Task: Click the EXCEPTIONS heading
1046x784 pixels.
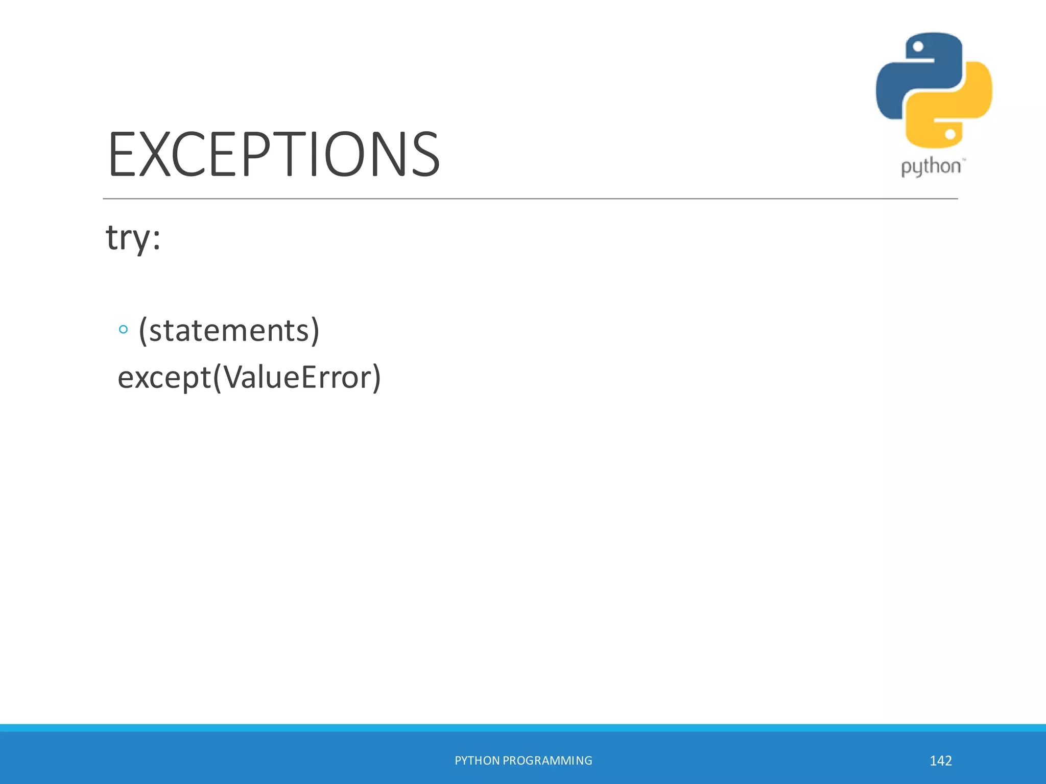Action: click(x=274, y=155)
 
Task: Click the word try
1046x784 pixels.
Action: click(x=128, y=238)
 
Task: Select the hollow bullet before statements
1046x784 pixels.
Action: click(x=123, y=330)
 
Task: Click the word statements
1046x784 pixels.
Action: click(x=229, y=331)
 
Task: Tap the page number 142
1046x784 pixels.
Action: click(x=940, y=761)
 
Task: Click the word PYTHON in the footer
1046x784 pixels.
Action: click(x=477, y=761)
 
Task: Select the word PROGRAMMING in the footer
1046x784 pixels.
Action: click(x=548, y=761)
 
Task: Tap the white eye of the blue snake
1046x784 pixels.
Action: click(x=918, y=47)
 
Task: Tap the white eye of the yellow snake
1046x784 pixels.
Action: click(x=950, y=134)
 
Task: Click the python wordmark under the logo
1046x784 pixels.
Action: click(x=931, y=167)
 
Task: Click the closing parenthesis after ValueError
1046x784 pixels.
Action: click(x=376, y=378)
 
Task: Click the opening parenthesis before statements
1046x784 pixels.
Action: click(x=143, y=331)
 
